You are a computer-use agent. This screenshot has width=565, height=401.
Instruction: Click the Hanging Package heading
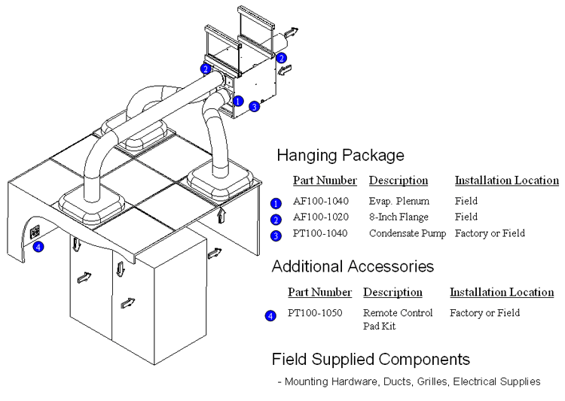click(340, 156)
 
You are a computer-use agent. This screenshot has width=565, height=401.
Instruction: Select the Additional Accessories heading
click(352, 266)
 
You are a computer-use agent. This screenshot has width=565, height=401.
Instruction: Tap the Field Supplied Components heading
click(371, 359)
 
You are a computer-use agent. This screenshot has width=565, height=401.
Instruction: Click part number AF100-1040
click(320, 202)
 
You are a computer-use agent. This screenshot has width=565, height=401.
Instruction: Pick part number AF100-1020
click(320, 217)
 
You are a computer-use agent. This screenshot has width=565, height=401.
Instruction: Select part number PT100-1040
click(320, 234)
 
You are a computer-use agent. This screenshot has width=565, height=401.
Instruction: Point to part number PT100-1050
click(315, 313)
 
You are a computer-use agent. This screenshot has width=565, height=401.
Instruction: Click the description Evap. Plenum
click(399, 202)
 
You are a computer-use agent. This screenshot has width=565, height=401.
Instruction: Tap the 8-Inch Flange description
click(399, 217)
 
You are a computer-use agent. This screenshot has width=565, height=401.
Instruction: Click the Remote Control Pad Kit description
click(398, 319)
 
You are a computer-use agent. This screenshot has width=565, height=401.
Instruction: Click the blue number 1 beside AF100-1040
click(276, 203)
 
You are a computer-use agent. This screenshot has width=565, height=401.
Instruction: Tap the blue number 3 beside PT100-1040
click(276, 235)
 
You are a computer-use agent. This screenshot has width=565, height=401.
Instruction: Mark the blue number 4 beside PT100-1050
click(270, 316)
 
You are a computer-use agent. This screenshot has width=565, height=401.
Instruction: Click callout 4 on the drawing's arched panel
click(38, 246)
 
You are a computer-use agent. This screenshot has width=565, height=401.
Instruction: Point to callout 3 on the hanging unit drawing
click(255, 107)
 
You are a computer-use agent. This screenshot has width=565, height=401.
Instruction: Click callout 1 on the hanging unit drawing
click(238, 100)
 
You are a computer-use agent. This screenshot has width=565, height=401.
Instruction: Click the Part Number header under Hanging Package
click(325, 181)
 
